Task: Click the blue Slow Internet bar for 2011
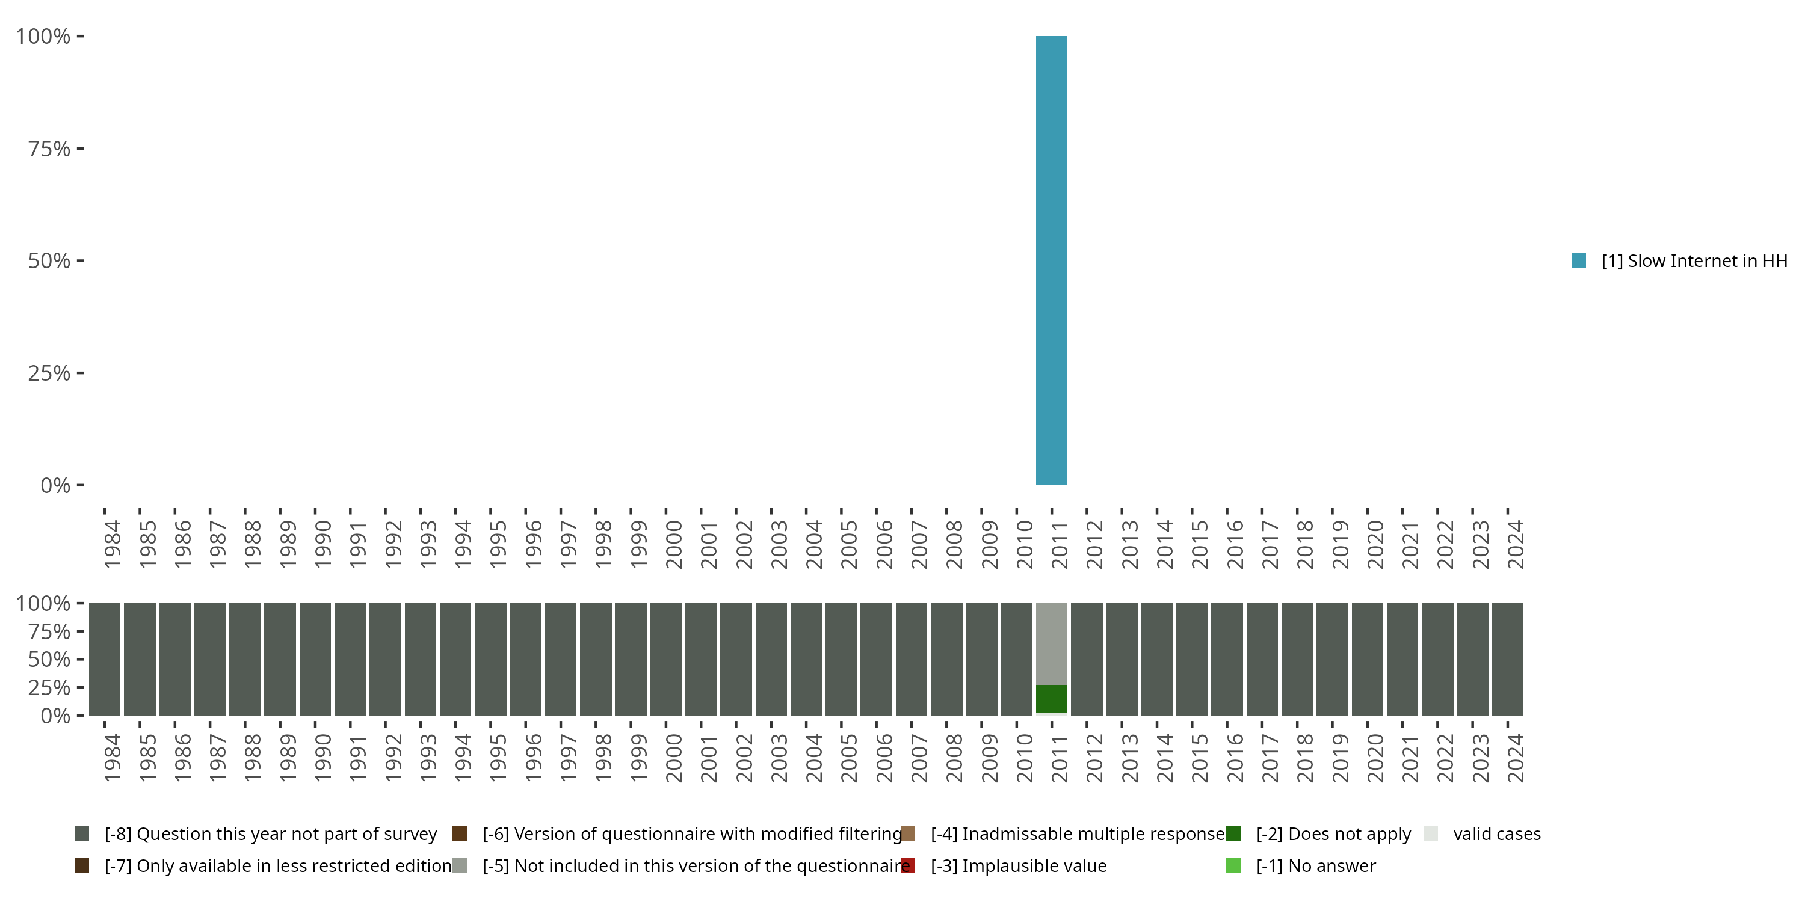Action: (1051, 260)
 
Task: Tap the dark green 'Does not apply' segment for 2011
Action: (1051, 699)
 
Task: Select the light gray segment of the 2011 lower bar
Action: (1051, 643)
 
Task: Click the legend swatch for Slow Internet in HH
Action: (1579, 260)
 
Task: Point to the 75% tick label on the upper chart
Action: (49, 149)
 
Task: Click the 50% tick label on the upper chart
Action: (49, 260)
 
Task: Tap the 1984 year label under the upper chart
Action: (112, 544)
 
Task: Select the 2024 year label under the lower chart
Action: (1516, 758)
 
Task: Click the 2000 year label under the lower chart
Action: (673, 758)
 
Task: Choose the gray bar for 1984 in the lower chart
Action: (105, 659)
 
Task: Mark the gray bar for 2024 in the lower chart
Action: (1507, 659)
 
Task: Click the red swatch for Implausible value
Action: (908, 865)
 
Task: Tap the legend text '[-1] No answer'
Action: (1316, 865)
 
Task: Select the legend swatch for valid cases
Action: (1431, 834)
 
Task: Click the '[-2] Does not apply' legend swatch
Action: (1233, 834)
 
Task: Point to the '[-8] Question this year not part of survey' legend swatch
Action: (82, 834)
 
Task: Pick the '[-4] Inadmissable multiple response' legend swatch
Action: (908, 834)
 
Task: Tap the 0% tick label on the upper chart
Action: (55, 485)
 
